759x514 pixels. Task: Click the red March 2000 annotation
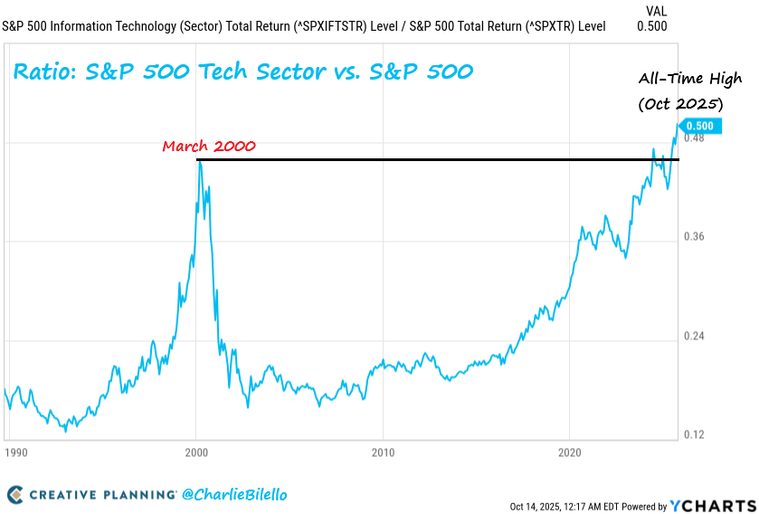pyautogui.click(x=209, y=146)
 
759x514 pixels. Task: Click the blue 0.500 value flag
pyautogui.click(x=701, y=127)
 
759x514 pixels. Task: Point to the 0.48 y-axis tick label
pyautogui.click(x=695, y=138)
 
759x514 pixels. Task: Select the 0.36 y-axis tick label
pyautogui.click(x=695, y=237)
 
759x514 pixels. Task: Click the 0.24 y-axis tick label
pyautogui.click(x=695, y=336)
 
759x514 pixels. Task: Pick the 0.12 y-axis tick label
pyautogui.click(x=695, y=434)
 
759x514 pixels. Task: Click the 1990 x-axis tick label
pyautogui.click(x=15, y=451)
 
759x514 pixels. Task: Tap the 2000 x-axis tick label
pyautogui.click(x=196, y=451)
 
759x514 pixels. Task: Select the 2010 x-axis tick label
pyautogui.click(x=384, y=451)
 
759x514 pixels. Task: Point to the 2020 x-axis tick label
pyautogui.click(x=570, y=451)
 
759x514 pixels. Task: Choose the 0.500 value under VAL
pyautogui.click(x=652, y=26)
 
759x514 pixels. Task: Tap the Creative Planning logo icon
pyautogui.click(x=15, y=495)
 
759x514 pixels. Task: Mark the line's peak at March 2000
pyautogui.click(x=199, y=163)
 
